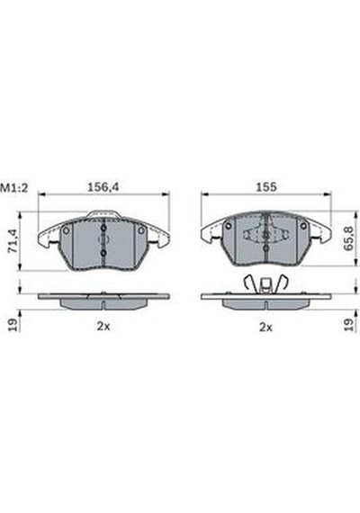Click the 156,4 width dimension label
[x=103, y=187]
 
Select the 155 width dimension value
[x=266, y=187]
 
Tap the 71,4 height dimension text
[x=13, y=241]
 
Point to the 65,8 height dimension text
[x=349, y=238]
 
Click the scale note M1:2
[x=14, y=188]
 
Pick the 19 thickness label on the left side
[x=13, y=325]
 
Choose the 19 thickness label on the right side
[x=349, y=325]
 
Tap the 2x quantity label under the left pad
[x=103, y=326]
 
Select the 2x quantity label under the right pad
[x=265, y=327]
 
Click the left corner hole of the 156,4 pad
[x=67, y=230]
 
